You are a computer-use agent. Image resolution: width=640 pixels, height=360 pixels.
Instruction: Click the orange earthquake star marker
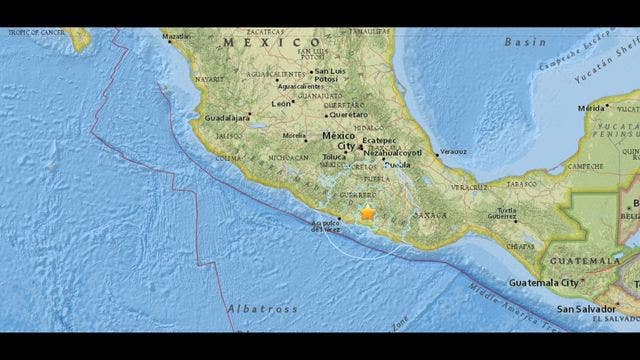coord(367,212)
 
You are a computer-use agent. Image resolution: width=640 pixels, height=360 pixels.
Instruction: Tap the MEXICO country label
coord(259,42)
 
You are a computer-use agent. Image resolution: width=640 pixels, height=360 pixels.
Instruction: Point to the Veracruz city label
coord(454,152)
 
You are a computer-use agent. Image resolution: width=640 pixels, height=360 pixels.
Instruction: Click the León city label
coord(282,102)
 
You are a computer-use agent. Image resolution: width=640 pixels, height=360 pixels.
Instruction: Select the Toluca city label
coord(334,158)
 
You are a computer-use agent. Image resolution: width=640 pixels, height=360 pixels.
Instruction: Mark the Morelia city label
coord(294,135)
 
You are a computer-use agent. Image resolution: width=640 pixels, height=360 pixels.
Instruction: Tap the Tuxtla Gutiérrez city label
coord(502,212)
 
